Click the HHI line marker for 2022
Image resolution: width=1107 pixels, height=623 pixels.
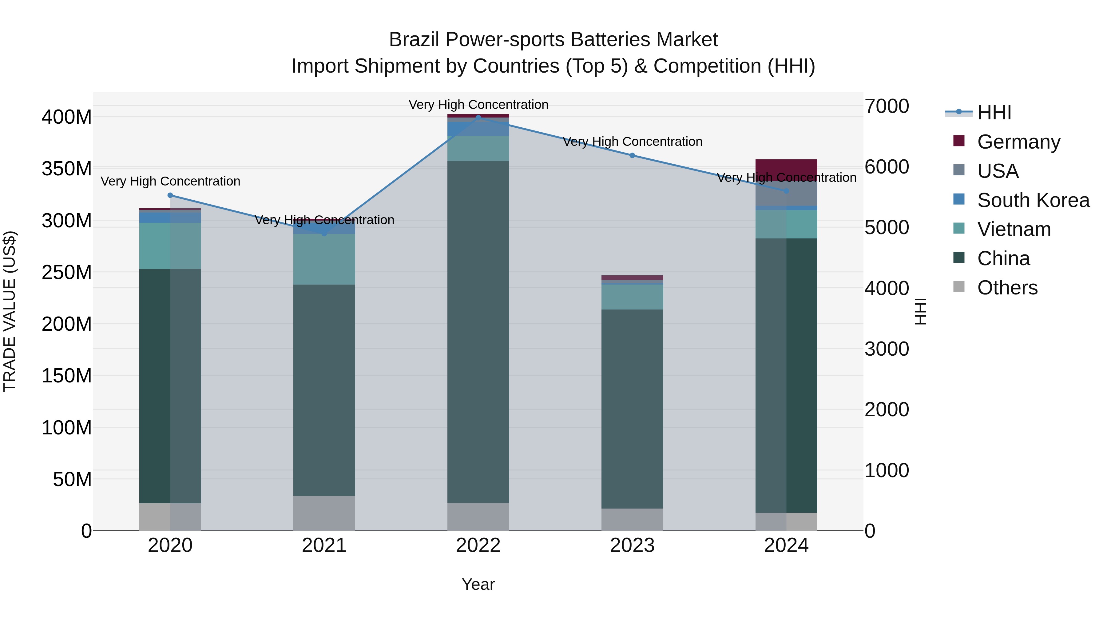point(478,118)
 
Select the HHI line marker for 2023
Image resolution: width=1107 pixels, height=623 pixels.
point(632,155)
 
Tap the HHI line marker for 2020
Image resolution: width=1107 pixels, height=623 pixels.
point(170,195)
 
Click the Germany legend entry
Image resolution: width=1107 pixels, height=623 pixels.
point(1018,142)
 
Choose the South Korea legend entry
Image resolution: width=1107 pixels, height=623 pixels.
point(1033,200)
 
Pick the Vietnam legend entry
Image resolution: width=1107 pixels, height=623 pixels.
point(1014,229)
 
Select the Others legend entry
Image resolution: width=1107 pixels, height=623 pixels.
point(1007,288)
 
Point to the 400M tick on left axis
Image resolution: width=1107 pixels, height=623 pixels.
point(67,117)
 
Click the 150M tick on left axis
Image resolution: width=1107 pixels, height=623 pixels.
point(67,376)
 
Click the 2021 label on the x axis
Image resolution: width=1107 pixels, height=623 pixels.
point(324,545)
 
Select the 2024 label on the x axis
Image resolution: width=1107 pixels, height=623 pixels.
point(786,545)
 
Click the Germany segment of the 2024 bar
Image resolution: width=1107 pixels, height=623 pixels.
point(786,168)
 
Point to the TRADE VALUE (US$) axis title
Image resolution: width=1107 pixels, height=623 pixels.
point(10,312)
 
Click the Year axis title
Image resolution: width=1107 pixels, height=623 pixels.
point(478,584)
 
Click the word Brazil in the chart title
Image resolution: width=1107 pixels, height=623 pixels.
point(414,40)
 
